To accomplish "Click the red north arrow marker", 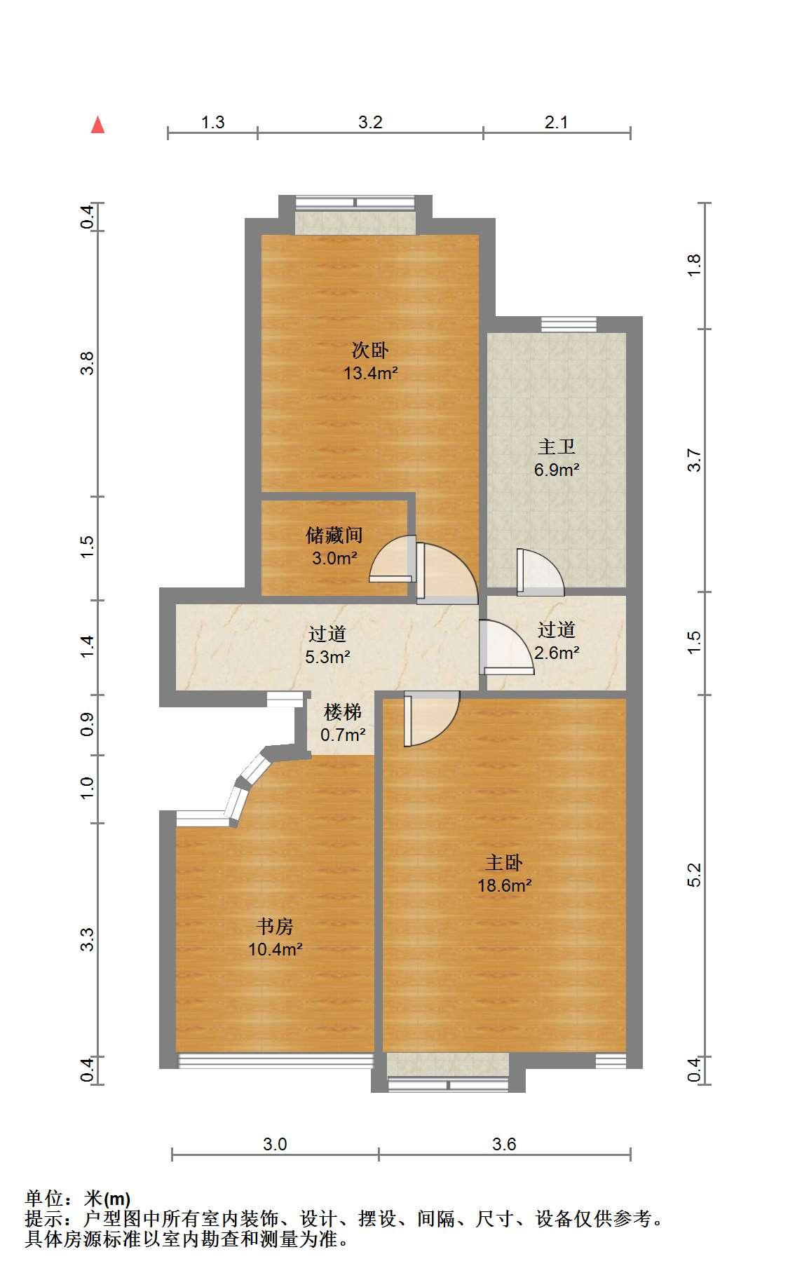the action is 98,125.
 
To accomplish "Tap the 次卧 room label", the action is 370,349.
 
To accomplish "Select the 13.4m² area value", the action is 370,373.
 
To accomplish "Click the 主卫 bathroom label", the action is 557,446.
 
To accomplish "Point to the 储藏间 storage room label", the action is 334,536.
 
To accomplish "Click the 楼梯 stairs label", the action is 342,712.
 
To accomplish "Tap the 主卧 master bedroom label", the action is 504,862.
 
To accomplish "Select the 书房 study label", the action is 275,927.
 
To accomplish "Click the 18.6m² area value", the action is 504,885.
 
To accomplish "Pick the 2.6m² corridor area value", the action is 557,653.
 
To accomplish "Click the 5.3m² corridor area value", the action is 327,657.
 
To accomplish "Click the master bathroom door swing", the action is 540,572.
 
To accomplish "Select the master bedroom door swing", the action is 431,719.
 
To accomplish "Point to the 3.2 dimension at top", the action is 370,122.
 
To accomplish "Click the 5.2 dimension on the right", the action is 694,875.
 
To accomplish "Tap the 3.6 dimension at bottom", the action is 504,1145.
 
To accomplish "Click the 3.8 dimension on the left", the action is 87,363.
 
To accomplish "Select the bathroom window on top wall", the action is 569,324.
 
